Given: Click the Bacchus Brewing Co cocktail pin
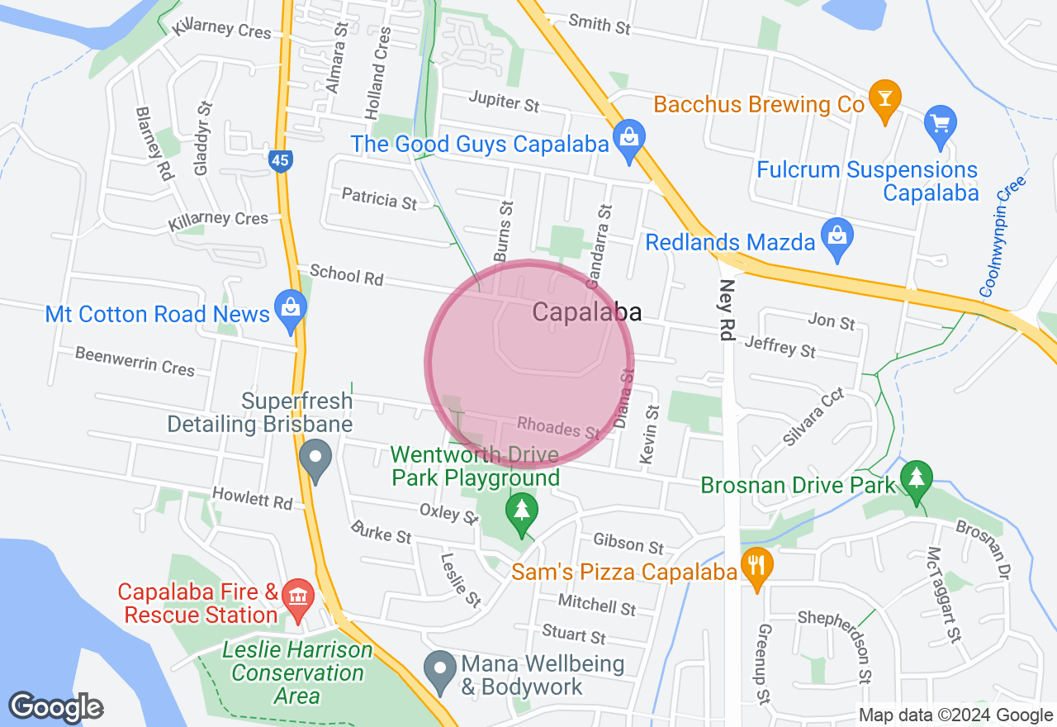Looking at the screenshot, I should (x=884, y=100).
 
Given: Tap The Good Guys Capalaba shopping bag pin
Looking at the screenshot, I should (x=629, y=140).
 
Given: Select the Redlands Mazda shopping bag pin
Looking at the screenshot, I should (x=837, y=239).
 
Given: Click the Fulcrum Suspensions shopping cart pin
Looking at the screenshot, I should (x=940, y=125).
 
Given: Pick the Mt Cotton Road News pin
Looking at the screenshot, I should (x=291, y=310).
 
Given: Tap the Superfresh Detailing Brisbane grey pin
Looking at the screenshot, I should (x=315, y=460).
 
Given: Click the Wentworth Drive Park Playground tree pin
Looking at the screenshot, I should (x=521, y=512).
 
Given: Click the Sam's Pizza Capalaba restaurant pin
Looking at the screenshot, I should (x=756, y=568).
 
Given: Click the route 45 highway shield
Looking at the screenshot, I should (x=281, y=161).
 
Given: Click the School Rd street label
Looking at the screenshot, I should (x=346, y=274).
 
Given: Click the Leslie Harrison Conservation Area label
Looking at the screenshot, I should (x=297, y=672).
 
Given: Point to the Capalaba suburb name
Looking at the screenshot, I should (x=587, y=311).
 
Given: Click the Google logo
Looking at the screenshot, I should (x=56, y=708).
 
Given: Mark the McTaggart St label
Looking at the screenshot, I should (x=946, y=593).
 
